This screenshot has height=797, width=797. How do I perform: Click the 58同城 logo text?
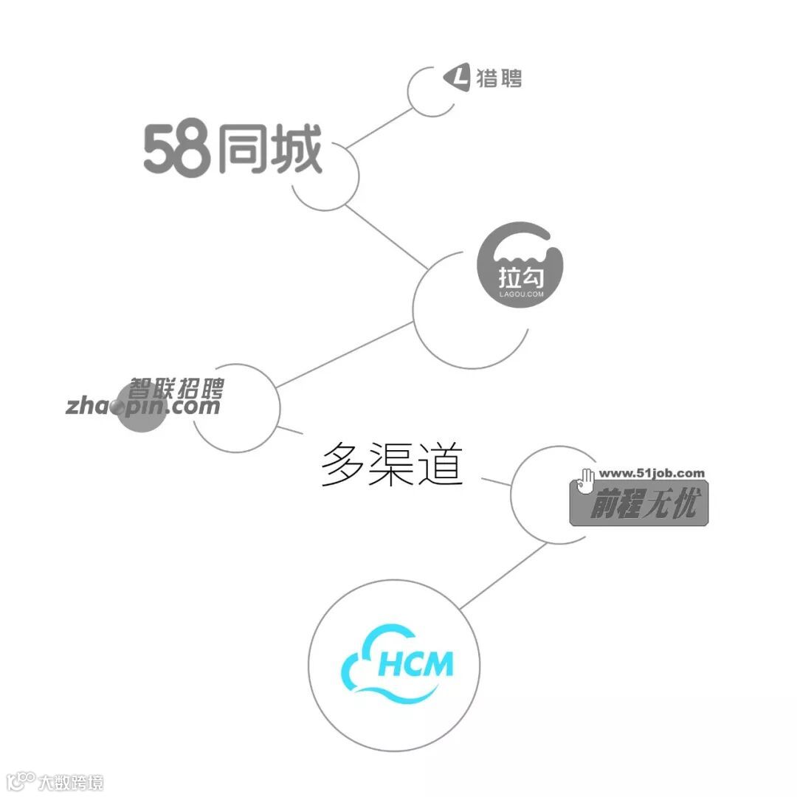[232, 151]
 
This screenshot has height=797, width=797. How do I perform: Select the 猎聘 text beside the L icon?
[499, 78]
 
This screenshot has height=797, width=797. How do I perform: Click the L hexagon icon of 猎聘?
[457, 78]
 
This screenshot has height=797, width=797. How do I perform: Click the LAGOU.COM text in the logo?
[521, 294]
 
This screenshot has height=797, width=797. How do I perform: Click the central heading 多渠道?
[391, 465]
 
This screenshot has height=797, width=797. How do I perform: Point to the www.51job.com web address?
[652, 473]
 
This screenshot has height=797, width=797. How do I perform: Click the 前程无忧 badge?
[639, 504]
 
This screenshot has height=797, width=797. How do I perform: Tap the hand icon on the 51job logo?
[587, 479]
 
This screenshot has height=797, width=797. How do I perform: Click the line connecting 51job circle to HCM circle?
[503, 576]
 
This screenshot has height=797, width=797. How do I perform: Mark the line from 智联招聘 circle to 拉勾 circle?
[344, 354]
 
